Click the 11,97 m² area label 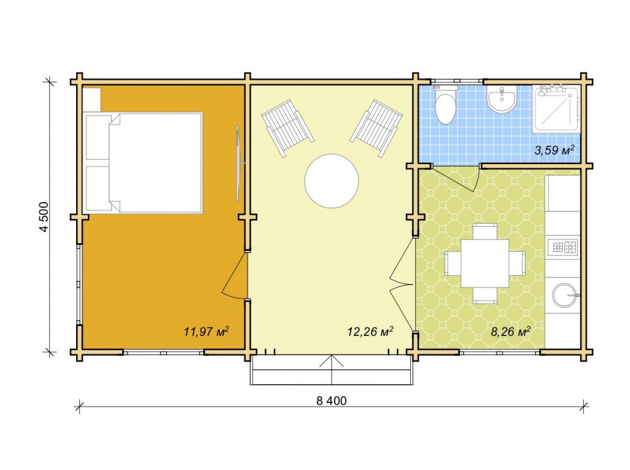pos(206,331)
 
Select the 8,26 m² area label pos(511,331)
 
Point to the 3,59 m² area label pos(554,151)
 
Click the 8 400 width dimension pos(332,401)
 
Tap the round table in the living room pos(332,181)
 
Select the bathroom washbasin pos(502,99)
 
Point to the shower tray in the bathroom pos(556,108)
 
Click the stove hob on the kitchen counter pos(563,246)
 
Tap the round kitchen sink pos(565,295)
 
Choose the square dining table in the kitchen pos(485,264)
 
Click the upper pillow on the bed pos(98,136)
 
